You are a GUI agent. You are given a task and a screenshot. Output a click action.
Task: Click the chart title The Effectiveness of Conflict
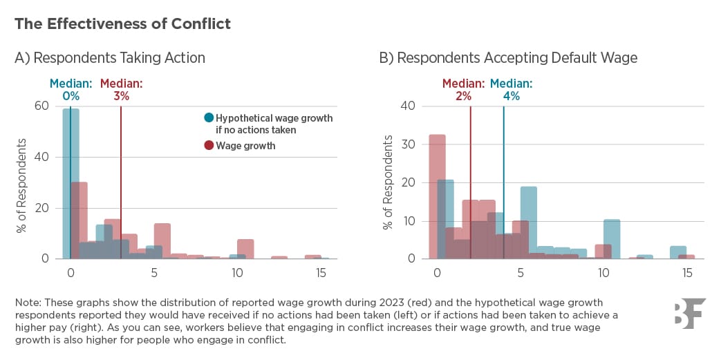[122, 23]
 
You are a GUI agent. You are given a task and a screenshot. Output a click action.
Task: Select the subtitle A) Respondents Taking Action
[110, 58]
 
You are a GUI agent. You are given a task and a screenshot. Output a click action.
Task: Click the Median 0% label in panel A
[71, 91]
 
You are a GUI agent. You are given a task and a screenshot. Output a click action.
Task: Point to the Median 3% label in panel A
[121, 91]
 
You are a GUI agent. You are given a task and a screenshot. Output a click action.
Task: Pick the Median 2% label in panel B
[463, 91]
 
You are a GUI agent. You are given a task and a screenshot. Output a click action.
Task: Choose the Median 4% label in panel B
[512, 91]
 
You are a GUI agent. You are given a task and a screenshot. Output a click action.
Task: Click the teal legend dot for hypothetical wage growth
[209, 118]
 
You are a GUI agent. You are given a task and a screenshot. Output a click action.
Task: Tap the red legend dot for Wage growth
[209, 146]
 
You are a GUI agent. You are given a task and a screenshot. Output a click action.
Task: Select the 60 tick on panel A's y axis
[41, 106]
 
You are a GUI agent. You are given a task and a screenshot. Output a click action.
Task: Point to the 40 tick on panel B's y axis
[408, 106]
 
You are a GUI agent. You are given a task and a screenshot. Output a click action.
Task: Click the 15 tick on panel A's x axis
[321, 273]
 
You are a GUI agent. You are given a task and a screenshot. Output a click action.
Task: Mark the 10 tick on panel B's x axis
[603, 273]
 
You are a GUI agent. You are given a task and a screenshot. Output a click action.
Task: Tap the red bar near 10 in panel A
[245, 249]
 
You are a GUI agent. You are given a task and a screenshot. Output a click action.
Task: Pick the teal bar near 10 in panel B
[611, 239]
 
